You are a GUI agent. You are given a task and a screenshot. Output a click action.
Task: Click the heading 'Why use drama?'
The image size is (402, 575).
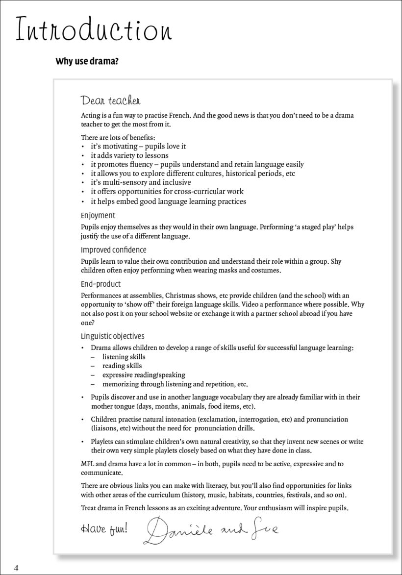[x=87, y=62]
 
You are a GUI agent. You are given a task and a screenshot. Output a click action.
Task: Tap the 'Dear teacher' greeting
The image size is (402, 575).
[x=111, y=101]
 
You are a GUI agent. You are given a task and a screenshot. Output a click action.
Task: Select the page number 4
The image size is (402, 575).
[x=16, y=568]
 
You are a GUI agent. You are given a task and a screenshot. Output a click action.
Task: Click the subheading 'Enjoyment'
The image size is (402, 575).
[x=98, y=215]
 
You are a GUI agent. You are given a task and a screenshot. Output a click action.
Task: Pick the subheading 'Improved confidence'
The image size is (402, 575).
[x=114, y=250]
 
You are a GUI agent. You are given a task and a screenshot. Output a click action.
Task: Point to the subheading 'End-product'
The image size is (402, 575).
[x=100, y=284]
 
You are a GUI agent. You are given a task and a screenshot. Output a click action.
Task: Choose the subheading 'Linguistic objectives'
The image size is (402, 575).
[x=113, y=336]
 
